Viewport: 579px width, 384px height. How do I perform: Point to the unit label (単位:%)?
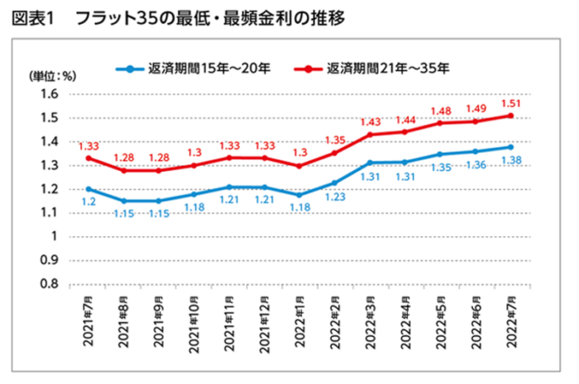(53, 77)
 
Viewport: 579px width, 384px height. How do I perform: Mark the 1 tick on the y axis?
(54, 236)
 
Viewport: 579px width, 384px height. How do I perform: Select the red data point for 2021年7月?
(88, 158)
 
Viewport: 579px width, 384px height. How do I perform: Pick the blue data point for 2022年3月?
(370, 163)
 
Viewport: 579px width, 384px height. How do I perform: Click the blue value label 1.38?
(512, 159)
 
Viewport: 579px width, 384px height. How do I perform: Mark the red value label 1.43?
(370, 122)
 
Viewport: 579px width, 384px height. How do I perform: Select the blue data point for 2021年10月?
(194, 194)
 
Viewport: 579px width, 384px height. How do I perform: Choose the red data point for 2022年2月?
(334, 153)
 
